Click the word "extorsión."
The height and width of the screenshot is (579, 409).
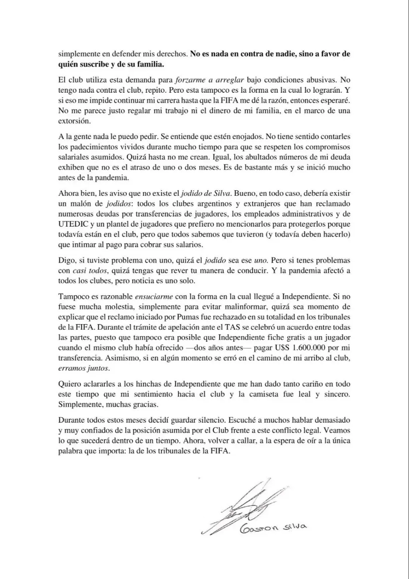[72, 119]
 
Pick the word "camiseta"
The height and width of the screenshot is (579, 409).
[262, 394]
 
